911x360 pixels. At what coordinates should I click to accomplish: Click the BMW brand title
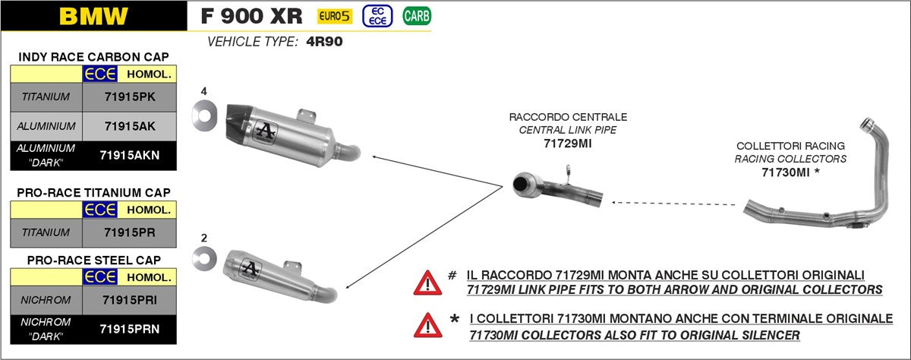93,16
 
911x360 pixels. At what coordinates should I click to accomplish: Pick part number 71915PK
128,97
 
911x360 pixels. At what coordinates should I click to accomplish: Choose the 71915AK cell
128,126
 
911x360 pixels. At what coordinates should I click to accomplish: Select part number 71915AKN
130,155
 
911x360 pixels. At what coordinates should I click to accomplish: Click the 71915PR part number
128,232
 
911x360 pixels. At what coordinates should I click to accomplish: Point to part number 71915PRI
129,300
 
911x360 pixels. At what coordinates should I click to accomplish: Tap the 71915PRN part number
129,329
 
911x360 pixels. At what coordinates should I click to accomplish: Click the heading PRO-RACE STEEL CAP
93,260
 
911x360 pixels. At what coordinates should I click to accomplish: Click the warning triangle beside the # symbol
427,283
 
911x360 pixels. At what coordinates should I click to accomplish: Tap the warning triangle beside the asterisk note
427,325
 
